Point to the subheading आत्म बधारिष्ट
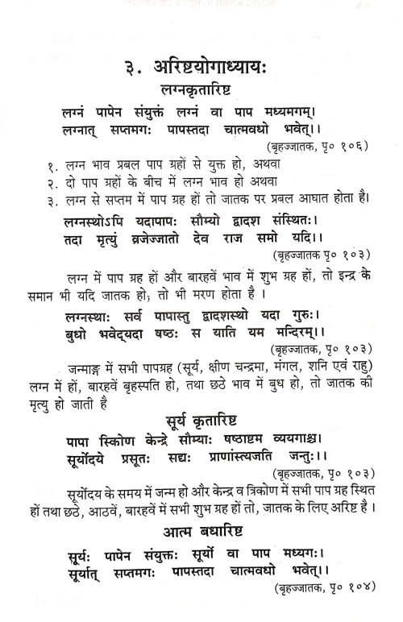pos(209,533)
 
